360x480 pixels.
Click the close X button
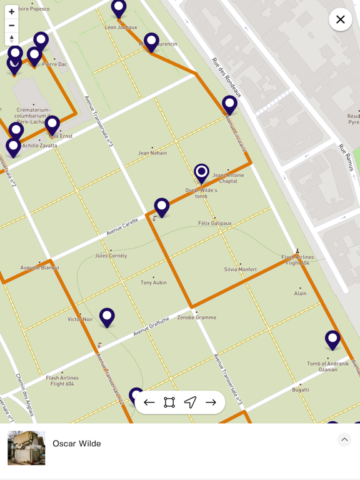click(340, 19)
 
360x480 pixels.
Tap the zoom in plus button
click(11, 12)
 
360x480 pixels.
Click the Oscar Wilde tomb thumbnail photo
click(26, 447)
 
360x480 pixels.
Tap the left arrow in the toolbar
click(149, 402)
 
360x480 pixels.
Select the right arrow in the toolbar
click(211, 402)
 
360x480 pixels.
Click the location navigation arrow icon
click(190, 402)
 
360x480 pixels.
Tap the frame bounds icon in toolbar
click(169, 402)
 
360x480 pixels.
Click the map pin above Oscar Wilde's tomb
click(201, 172)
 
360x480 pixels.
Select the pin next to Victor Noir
click(107, 316)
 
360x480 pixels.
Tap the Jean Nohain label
click(152, 152)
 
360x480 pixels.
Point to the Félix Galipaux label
click(214, 223)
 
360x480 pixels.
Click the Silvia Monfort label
click(241, 269)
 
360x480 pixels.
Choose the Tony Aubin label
click(154, 282)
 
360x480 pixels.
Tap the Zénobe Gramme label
click(196, 317)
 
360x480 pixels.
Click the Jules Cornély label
click(111, 256)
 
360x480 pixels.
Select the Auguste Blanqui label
click(39, 267)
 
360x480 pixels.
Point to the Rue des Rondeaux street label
click(226, 77)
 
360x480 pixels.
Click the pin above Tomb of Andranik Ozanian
click(332, 339)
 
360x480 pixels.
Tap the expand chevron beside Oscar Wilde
click(344, 439)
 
